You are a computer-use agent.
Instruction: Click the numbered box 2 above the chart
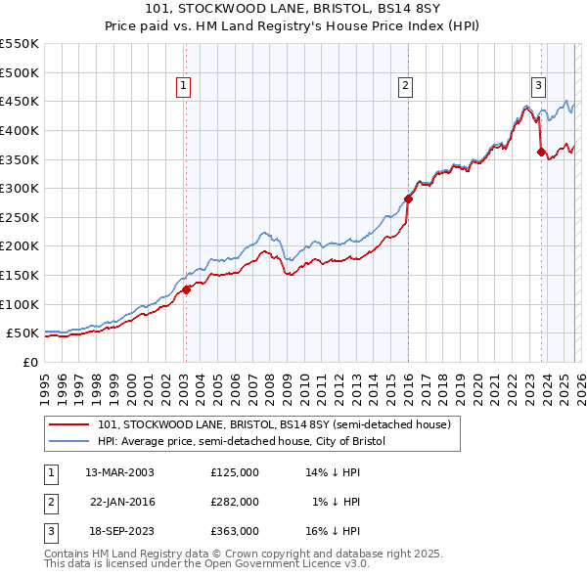coord(405,86)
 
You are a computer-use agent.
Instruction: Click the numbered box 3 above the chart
coord(539,86)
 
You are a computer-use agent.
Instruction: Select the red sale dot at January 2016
coord(409,199)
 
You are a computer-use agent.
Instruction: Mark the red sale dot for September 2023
coord(541,152)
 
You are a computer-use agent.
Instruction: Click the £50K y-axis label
coord(23,333)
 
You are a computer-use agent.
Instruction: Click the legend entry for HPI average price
coord(242,442)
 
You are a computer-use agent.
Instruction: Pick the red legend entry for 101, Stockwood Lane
coord(273,425)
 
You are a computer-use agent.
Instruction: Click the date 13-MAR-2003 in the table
coord(119,472)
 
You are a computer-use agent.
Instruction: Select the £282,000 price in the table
coord(234,502)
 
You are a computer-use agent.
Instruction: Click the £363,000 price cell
coord(234,531)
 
